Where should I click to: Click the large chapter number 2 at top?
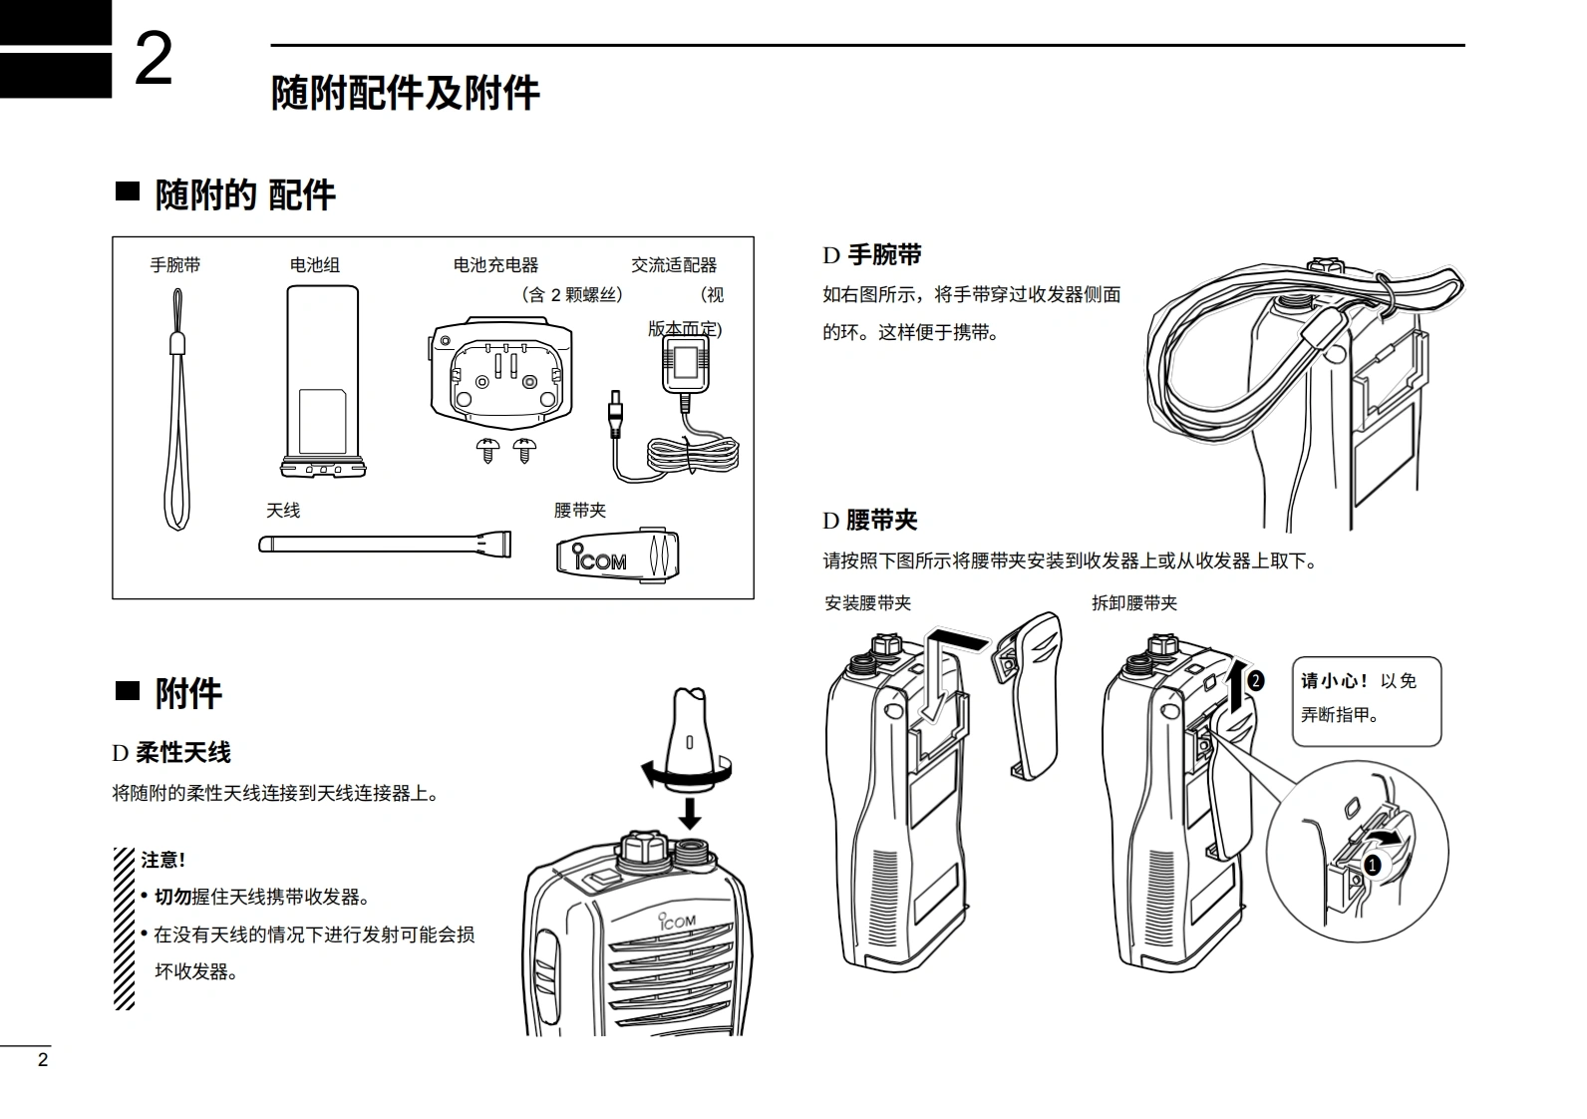tap(154, 60)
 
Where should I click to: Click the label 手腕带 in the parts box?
tap(174, 265)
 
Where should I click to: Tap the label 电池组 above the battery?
tap(314, 265)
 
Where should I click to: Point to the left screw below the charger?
tap(488, 449)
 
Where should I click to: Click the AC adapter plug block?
tap(686, 365)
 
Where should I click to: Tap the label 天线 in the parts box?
tap(282, 511)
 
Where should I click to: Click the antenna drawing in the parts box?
tap(385, 545)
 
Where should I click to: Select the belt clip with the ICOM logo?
tap(618, 556)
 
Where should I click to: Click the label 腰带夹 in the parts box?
tap(579, 511)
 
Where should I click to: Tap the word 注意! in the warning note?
tap(163, 860)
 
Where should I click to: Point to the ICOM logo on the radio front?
tap(677, 923)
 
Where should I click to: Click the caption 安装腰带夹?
tap(867, 603)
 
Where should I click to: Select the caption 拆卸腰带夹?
tap(1134, 603)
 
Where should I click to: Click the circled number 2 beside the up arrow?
tap(1256, 681)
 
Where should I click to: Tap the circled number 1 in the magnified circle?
tap(1372, 866)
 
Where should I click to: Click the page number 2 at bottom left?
tap(42, 1060)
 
